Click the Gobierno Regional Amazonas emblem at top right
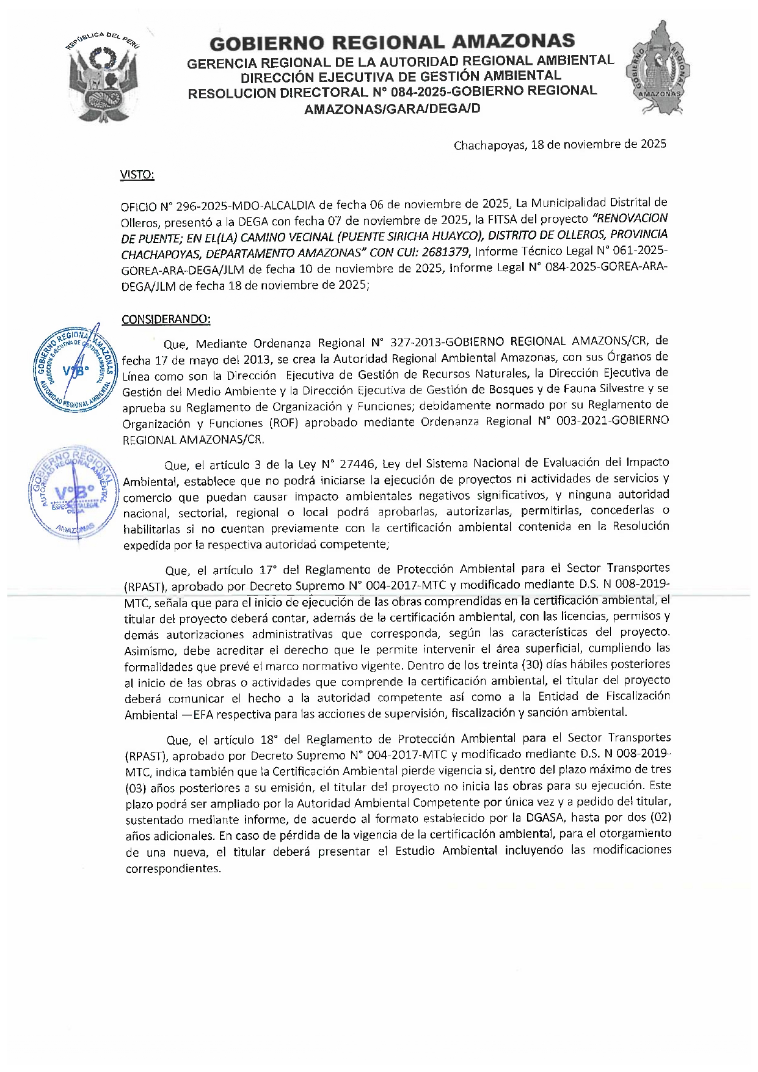coord(657,68)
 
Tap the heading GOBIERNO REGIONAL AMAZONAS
coord(392,42)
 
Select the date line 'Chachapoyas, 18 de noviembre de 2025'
coord(559,145)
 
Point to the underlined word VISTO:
coord(137,175)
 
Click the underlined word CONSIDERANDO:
coord(166,319)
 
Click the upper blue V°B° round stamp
coord(76,369)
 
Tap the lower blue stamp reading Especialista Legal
coord(73,492)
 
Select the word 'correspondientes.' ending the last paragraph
coord(173,868)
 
